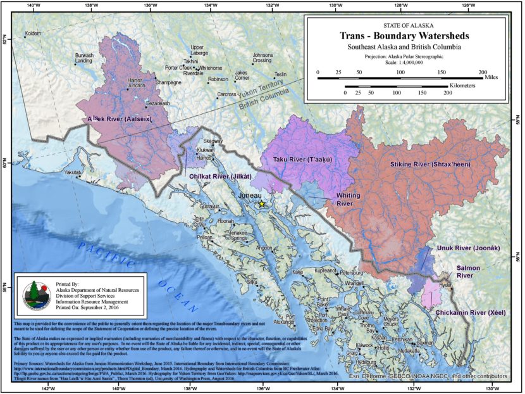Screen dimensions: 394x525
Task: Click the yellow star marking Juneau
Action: [x=261, y=204]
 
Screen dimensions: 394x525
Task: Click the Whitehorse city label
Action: [x=211, y=68]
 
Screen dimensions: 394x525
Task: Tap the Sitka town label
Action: [x=252, y=281]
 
